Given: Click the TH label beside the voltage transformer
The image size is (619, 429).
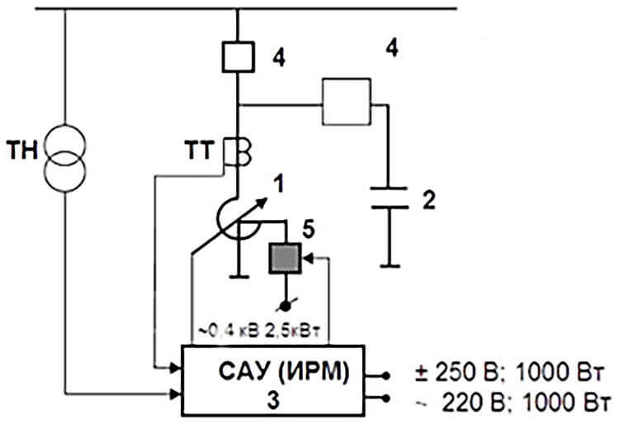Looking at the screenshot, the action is click(22, 150).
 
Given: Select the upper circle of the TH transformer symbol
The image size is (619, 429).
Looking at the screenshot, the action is click(64, 126).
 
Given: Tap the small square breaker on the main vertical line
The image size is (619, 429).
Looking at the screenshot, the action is click(238, 57).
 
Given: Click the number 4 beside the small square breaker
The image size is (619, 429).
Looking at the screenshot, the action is click(279, 58).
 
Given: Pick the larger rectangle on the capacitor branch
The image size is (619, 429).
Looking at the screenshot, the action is click(347, 102).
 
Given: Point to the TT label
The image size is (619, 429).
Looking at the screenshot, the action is click(200, 150).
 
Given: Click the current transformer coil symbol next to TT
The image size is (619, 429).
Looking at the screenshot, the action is click(238, 151).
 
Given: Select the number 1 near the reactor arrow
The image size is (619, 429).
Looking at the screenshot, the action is click(279, 184).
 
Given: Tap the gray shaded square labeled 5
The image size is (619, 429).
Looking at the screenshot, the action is click(285, 258).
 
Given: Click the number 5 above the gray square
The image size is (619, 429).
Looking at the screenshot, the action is click(309, 230).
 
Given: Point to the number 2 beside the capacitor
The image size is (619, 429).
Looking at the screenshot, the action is click(428, 200).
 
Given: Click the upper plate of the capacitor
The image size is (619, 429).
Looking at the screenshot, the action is click(389, 188).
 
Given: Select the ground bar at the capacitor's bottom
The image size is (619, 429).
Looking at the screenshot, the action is click(390, 266).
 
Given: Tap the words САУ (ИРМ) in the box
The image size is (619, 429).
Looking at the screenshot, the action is click(284, 372).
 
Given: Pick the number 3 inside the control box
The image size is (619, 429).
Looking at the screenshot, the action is click(273, 400).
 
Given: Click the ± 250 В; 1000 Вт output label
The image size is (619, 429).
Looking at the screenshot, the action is click(509, 373).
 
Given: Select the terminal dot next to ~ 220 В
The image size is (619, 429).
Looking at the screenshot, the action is click(386, 399).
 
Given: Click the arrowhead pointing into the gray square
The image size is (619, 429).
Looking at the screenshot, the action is click(308, 259).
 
